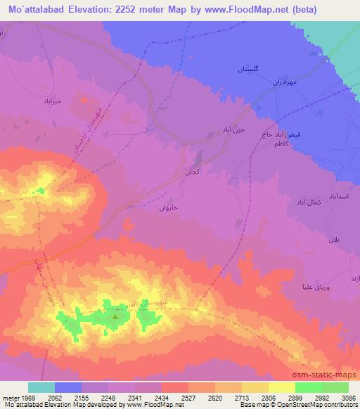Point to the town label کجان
pyautogui.click(x=192, y=171)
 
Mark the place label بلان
pyautogui.click(x=333, y=240)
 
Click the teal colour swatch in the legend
pyautogui.click(x=41, y=387)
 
